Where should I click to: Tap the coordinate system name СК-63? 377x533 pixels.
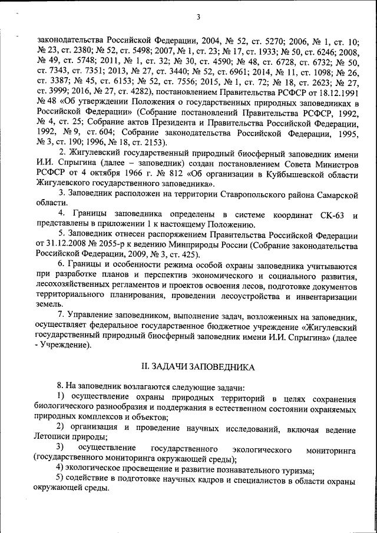(x=333, y=214)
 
